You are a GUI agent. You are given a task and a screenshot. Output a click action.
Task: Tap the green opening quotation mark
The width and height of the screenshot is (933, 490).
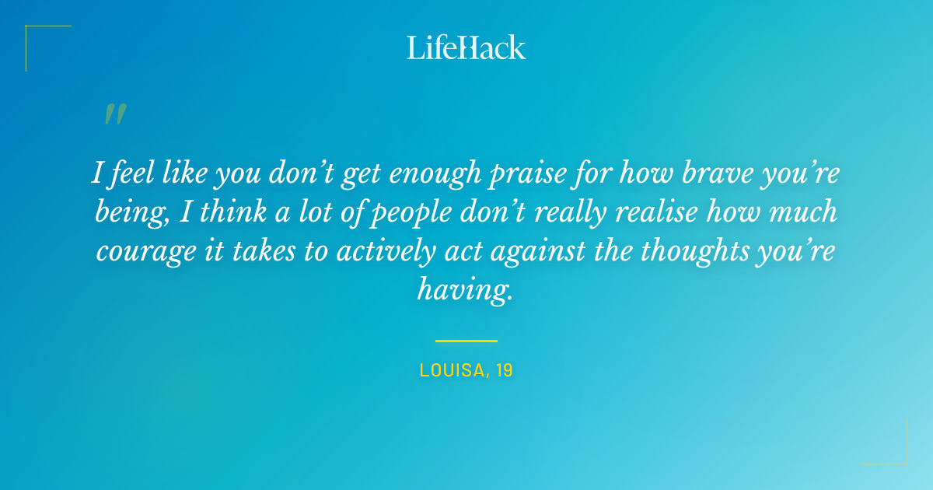114,115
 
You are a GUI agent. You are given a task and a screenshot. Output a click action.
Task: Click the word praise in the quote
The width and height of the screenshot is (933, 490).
523,173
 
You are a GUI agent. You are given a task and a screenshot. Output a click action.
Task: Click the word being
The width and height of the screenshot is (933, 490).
124,214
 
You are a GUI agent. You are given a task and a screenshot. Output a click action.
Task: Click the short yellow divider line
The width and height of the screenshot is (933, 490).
466,341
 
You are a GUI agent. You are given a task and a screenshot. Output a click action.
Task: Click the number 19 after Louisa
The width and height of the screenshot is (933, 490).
504,371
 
